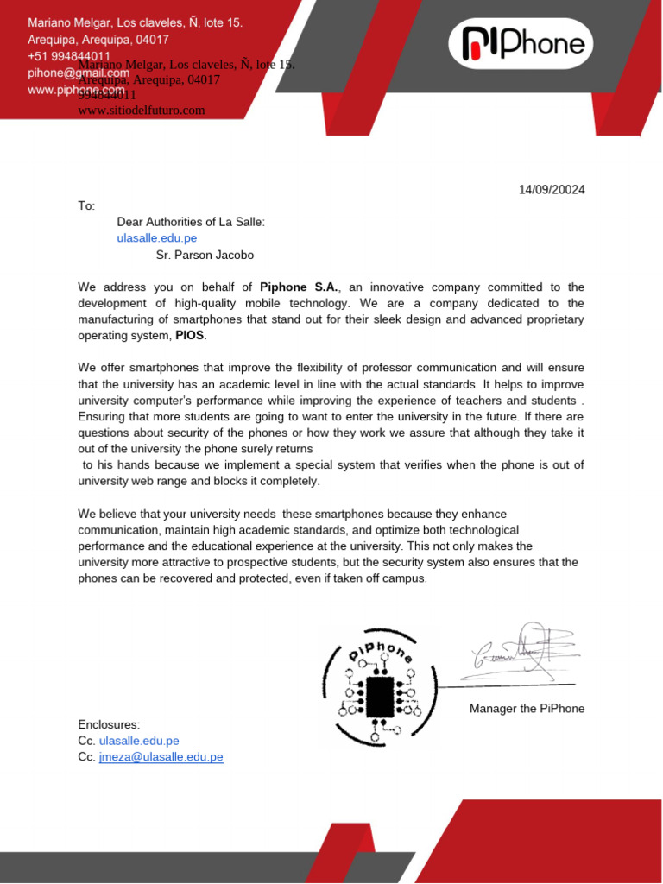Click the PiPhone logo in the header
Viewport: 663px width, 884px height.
[524, 44]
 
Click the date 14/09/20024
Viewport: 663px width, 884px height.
[551, 190]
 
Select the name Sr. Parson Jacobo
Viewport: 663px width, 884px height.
[205, 255]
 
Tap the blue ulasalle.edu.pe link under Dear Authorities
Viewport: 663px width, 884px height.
[157, 238]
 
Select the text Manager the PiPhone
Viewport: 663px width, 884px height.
[527, 709]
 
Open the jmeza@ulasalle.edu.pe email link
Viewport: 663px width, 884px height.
[161, 757]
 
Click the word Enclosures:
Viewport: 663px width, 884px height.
[109, 724]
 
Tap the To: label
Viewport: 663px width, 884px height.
[86, 206]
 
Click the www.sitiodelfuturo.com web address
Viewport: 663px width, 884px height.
[142, 110]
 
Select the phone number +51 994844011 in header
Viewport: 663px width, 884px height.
[68, 56]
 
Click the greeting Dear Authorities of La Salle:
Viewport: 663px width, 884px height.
[191, 222]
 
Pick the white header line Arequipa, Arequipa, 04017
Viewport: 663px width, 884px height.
[98, 40]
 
